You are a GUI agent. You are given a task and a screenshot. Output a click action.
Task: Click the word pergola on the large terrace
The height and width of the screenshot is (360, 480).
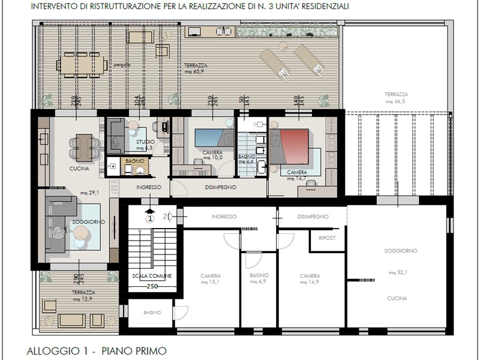point(121,65)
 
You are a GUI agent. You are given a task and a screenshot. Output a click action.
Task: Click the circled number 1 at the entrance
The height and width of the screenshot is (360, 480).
point(150,218)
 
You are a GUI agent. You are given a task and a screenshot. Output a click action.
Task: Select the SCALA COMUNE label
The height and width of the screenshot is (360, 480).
point(152,275)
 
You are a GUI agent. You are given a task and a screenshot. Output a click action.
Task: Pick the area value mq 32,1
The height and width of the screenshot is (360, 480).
point(398,272)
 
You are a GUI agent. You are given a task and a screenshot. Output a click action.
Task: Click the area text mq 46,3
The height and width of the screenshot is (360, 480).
point(397,102)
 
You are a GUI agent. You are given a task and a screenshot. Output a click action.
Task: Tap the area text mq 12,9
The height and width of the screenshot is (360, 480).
point(82,298)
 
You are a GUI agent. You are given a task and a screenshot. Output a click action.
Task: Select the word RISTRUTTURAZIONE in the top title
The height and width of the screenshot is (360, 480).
point(110,7)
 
